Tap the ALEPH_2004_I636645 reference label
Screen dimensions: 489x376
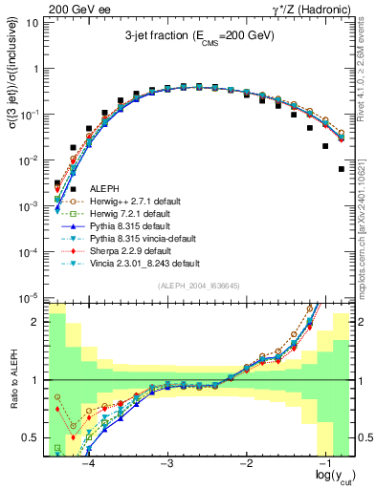pos(199,287)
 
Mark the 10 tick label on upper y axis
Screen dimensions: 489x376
pos(32,22)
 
